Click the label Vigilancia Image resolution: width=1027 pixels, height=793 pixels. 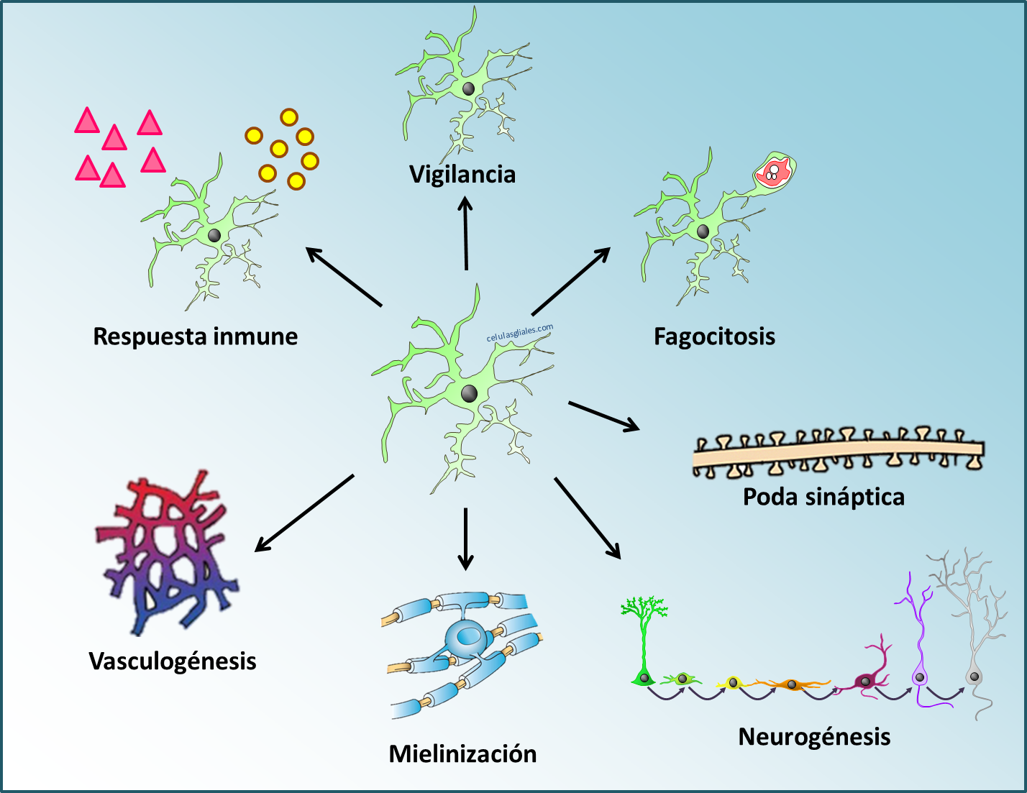point(462,175)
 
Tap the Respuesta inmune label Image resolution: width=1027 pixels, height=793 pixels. point(196,336)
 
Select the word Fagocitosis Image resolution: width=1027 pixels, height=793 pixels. point(714,336)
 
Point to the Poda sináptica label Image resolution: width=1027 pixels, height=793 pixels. point(823,497)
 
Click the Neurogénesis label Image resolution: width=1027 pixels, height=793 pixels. point(814,737)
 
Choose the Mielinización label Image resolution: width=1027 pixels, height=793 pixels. point(462,754)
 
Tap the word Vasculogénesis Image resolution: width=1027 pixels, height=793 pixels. point(173,661)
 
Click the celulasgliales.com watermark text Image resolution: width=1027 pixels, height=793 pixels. point(520,333)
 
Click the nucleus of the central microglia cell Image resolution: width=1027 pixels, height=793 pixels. point(469,393)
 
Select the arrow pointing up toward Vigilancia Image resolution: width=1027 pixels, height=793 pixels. point(466,234)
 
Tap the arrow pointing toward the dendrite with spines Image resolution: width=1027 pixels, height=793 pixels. point(604,416)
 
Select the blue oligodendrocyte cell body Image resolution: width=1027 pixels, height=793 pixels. point(466,636)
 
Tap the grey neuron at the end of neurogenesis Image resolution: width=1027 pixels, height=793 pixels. point(974,676)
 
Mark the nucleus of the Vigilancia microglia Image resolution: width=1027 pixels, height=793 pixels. point(468,88)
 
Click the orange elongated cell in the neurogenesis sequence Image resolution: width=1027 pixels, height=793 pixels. point(791,684)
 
